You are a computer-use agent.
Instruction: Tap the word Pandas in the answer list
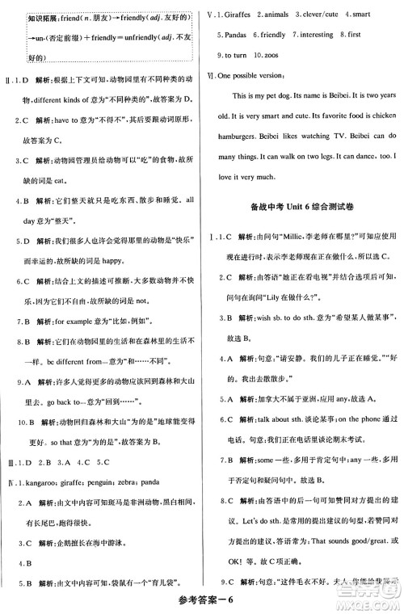point(235,35)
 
